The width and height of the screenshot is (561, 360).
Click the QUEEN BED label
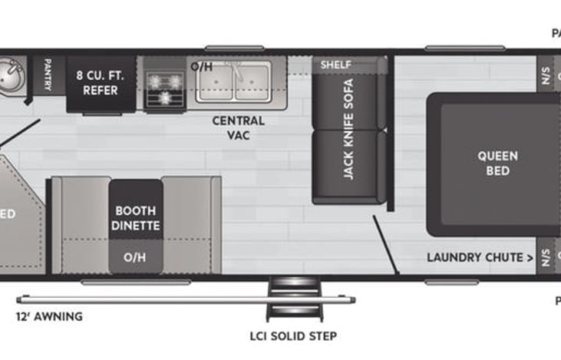click(x=497, y=163)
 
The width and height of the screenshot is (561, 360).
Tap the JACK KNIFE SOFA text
click(x=348, y=129)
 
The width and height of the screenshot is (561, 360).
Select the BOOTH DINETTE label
click(x=136, y=218)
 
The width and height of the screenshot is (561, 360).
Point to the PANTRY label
click(x=48, y=75)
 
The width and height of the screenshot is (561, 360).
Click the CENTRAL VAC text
click(x=238, y=128)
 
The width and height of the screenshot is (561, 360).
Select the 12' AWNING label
click(x=49, y=316)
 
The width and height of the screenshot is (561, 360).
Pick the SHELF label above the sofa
click(x=335, y=64)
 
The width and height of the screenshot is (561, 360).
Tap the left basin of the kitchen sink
click(x=214, y=81)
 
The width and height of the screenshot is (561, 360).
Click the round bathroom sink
click(x=9, y=75)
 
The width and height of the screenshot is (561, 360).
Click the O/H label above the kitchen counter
click(x=201, y=66)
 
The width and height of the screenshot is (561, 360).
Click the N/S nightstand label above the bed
click(x=546, y=77)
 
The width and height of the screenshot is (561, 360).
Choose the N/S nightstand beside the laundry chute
click(x=546, y=256)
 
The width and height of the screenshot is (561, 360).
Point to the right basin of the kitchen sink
click(x=252, y=81)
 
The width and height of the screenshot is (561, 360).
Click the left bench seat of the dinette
click(x=80, y=223)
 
